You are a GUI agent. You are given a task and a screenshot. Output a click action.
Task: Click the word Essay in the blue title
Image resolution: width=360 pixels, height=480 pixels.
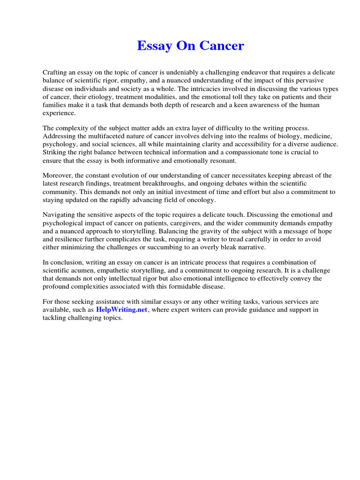(154, 46)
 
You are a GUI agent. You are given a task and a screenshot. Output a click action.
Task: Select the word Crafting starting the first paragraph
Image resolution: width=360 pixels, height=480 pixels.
(55, 73)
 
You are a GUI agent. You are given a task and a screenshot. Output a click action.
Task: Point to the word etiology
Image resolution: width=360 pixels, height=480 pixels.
(101, 97)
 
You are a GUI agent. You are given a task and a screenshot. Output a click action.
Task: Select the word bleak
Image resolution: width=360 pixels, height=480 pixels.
(226, 247)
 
